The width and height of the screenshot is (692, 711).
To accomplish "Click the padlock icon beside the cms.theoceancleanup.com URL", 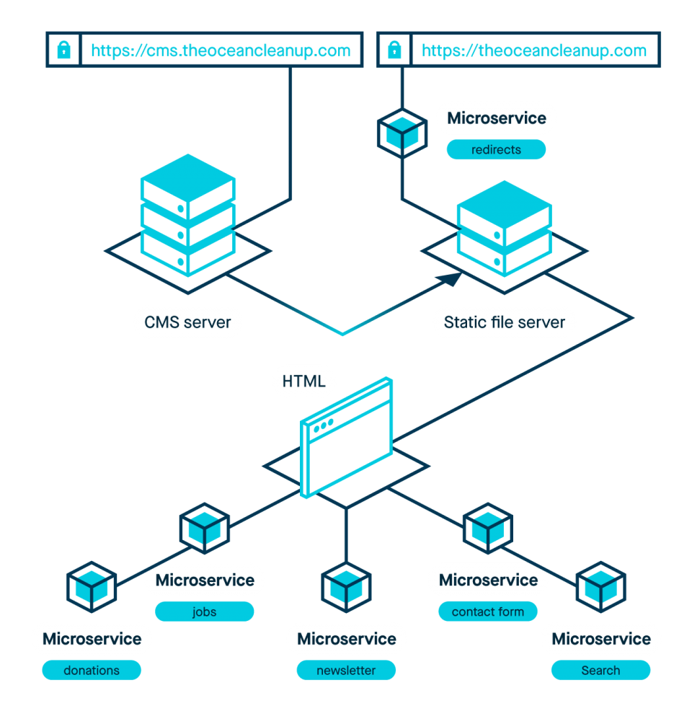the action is pyautogui.click(x=64, y=50).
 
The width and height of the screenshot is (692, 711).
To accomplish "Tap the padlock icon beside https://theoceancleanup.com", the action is pyautogui.click(x=395, y=50).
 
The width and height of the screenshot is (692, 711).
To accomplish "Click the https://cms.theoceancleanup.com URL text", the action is pyautogui.click(x=221, y=50).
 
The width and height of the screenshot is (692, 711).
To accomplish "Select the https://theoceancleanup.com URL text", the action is pyautogui.click(x=534, y=50).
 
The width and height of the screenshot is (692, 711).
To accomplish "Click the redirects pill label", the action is pyautogui.click(x=496, y=150).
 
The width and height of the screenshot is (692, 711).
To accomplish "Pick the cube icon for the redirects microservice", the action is pyautogui.click(x=402, y=133).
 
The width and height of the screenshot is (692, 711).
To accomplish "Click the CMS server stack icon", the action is pyautogui.click(x=188, y=215).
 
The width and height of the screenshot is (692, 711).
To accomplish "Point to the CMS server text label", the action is pyautogui.click(x=187, y=322).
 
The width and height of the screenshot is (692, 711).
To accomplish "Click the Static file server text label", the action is pyautogui.click(x=505, y=322).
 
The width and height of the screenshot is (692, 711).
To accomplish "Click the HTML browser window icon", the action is pyautogui.click(x=347, y=438).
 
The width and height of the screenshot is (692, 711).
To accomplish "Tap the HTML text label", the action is pyautogui.click(x=304, y=381).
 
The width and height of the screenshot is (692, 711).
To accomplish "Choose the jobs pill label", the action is pyautogui.click(x=205, y=611).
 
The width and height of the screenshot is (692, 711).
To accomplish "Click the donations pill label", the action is pyautogui.click(x=92, y=670).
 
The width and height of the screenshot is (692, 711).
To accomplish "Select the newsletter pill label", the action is pyautogui.click(x=346, y=670).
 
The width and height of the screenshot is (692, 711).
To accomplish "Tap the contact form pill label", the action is pyautogui.click(x=488, y=611).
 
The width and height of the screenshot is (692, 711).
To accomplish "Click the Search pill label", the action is pyautogui.click(x=601, y=670).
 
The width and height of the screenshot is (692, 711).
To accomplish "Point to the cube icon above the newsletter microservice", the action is pyautogui.click(x=346, y=587).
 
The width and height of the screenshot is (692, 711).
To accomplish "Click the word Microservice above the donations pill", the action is pyautogui.click(x=92, y=639).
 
